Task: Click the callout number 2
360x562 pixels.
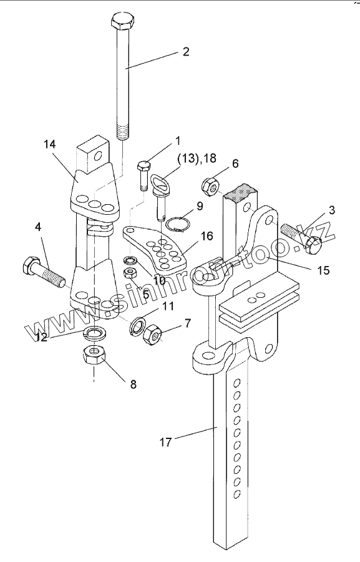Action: pyautogui.click(x=185, y=52)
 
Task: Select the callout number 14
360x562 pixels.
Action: pyautogui.click(x=50, y=144)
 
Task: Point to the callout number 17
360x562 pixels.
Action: pyautogui.click(x=166, y=442)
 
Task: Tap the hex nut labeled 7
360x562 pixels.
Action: pyautogui.click(x=152, y=333)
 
